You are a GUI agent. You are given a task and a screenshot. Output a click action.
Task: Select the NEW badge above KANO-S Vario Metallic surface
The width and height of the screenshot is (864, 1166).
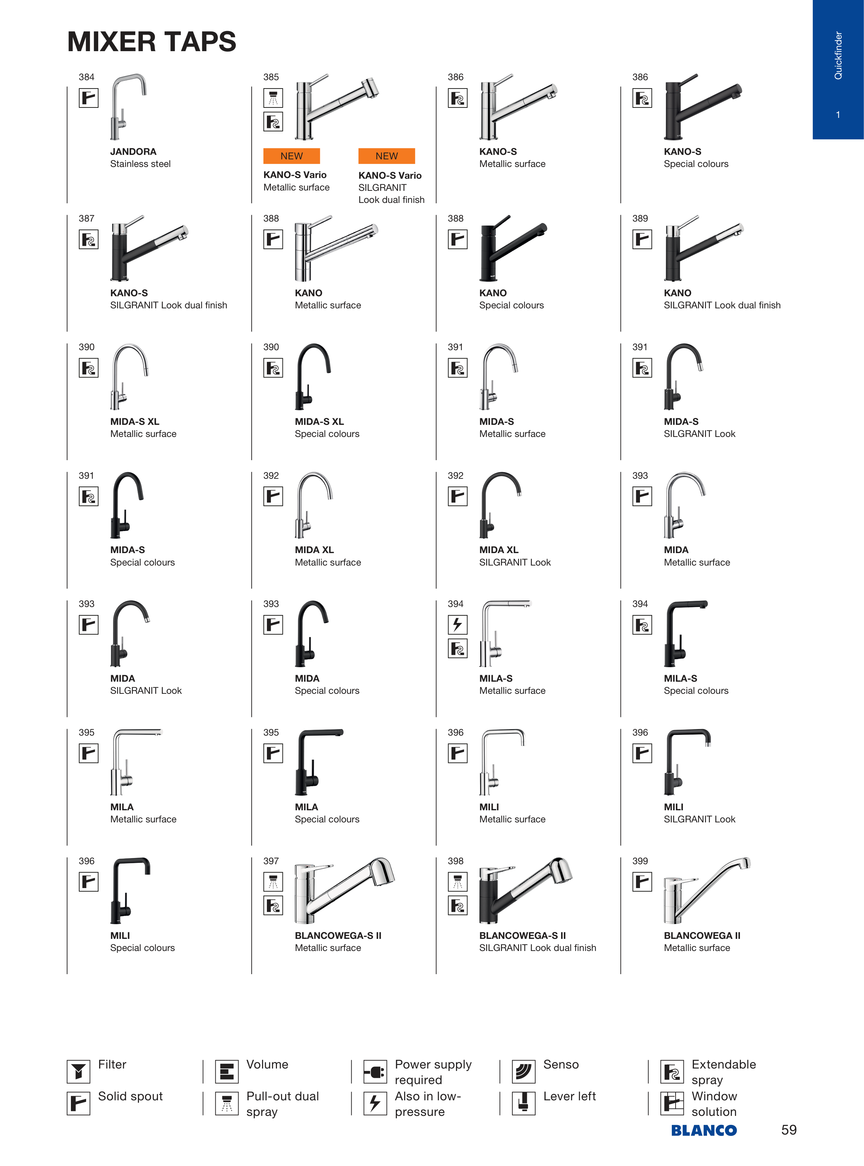click(291, 156)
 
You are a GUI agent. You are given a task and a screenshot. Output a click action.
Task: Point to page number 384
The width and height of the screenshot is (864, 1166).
click(86, 77)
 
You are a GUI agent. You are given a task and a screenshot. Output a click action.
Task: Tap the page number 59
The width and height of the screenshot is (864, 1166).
click(789, 1130)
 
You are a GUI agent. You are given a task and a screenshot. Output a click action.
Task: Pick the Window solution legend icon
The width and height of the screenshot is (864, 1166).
click(672, 1103)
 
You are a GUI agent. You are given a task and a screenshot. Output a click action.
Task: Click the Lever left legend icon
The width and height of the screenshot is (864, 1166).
click(523, 1103)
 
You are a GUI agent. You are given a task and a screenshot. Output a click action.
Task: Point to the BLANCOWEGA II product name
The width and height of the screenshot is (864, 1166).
click(702, 935)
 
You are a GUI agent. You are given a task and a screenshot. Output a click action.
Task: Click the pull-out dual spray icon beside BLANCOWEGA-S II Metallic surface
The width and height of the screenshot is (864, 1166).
click(273, 882)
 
